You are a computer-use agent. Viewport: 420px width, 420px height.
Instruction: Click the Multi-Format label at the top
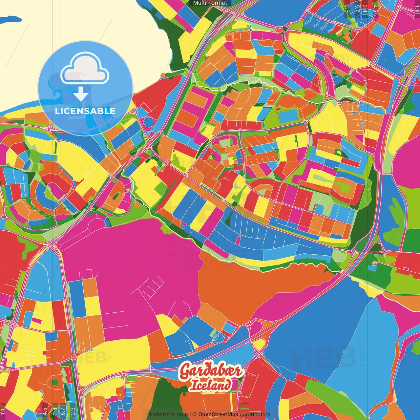tap(210, 3)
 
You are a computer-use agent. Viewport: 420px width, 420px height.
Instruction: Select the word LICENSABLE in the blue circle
tap(85, 111)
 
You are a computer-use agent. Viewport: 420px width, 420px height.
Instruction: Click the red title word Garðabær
tap(211, 371)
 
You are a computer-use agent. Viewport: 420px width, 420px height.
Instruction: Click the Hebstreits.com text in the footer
tap(169, 414)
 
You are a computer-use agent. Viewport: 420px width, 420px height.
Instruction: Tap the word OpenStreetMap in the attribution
tap(218, 414)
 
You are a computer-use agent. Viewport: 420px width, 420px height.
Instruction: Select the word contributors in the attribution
tap(255, 414)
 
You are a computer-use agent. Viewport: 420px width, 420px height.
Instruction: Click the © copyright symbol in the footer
tap(195, 414)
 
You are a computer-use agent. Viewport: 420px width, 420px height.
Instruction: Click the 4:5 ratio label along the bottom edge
tap(45, 411)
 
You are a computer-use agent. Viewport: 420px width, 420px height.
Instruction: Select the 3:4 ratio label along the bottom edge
tap(55, 411)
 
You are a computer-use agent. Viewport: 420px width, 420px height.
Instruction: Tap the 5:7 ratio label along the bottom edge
tap(63, 411)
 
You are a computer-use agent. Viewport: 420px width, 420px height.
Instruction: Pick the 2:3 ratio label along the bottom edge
tap(73, 411)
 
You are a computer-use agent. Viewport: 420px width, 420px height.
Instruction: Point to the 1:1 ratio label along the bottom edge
tap(3, 411)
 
